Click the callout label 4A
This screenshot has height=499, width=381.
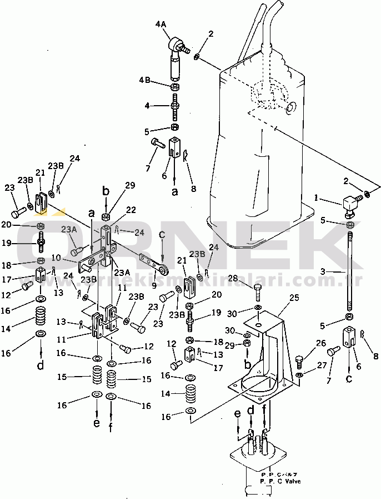161,24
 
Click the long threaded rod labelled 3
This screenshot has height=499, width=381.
349,273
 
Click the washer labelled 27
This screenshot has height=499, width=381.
299,376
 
